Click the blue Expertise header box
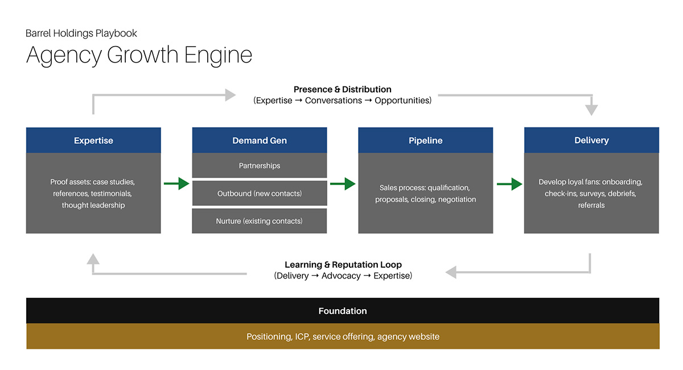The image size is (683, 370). pos(93,140)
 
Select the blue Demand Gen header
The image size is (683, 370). pos(260,140)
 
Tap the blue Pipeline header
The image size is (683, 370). pos(425,140)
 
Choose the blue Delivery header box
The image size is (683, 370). pos(591,140)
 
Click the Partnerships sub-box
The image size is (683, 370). pos(260,165)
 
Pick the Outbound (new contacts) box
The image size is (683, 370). pos(260,193)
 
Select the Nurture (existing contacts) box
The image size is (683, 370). pos(260,221)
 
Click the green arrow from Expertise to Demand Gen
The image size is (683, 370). pos(176,184)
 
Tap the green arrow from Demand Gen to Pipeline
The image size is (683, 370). pos(343,184)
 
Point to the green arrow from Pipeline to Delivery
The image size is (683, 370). pos(509,184)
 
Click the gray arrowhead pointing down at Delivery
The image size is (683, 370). pos(591,109)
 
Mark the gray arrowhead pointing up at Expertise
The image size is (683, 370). pos(93,260)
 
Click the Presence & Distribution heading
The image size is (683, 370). pos(343,89)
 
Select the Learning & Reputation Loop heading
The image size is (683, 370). pos(343,265)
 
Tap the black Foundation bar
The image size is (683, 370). pos(343,311)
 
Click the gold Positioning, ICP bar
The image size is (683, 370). pos(343,336)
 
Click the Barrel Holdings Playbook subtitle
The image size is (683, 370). pos(81,34)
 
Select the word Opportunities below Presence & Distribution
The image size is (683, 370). pos(402,101)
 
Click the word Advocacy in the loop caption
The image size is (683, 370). pos(341,276)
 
